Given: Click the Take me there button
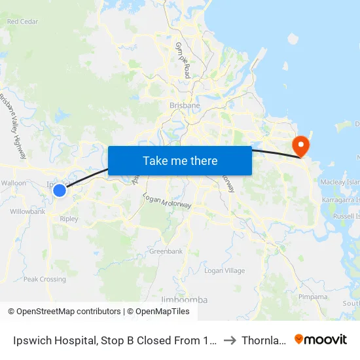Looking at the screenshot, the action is point(180,160).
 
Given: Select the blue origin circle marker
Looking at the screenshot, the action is point(60,190).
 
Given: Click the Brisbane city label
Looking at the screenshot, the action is point(185,105).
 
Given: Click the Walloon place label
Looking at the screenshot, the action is point(14,183).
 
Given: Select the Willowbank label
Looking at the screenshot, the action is point(27,212).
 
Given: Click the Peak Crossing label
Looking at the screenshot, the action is point(45,279).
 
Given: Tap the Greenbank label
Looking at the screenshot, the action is point(166,251).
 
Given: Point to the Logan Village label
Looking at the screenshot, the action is point(225,271).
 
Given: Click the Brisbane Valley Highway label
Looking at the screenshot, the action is point(12,128).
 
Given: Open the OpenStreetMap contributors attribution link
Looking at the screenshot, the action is point(64,312).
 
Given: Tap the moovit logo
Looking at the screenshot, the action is point(321,340).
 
